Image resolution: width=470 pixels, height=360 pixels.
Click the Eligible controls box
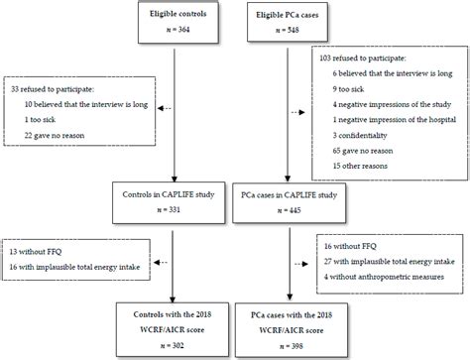(x=178, y=22)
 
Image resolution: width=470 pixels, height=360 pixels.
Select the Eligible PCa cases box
(x=288, y=22)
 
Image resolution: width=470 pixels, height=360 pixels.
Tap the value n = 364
(x=178, y=30)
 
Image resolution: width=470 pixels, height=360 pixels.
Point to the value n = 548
(x=288, y=30)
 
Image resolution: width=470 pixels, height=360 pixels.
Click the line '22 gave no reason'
(x=55, y=135)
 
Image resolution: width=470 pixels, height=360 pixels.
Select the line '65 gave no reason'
(x=363, y=151)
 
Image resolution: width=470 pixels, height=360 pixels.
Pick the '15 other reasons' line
(x=360, y=166)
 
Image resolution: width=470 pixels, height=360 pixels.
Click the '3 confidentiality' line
(x=360, y=135)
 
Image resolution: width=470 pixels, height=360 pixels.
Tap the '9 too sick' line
(x=348, y=89)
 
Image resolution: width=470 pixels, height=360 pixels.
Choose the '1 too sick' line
(x=40, y=120)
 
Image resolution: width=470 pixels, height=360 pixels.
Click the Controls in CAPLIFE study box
(x=169, y=202)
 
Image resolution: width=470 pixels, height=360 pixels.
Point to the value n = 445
(x=290, y=210)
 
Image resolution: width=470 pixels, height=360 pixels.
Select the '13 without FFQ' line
(x=36, y=252)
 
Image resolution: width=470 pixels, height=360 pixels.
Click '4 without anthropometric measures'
(x=384, y=277)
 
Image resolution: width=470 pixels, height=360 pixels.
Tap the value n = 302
(x=173, y=345)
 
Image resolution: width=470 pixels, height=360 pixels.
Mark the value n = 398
(x=292, y=346)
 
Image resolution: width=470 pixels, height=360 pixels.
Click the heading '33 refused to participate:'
(x=53, y=89)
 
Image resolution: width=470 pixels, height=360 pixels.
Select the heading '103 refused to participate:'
(x=363, y=59)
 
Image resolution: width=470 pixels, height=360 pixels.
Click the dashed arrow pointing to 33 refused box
(x=165, y=108)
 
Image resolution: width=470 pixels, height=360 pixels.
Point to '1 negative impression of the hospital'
(x=395, y=120)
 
